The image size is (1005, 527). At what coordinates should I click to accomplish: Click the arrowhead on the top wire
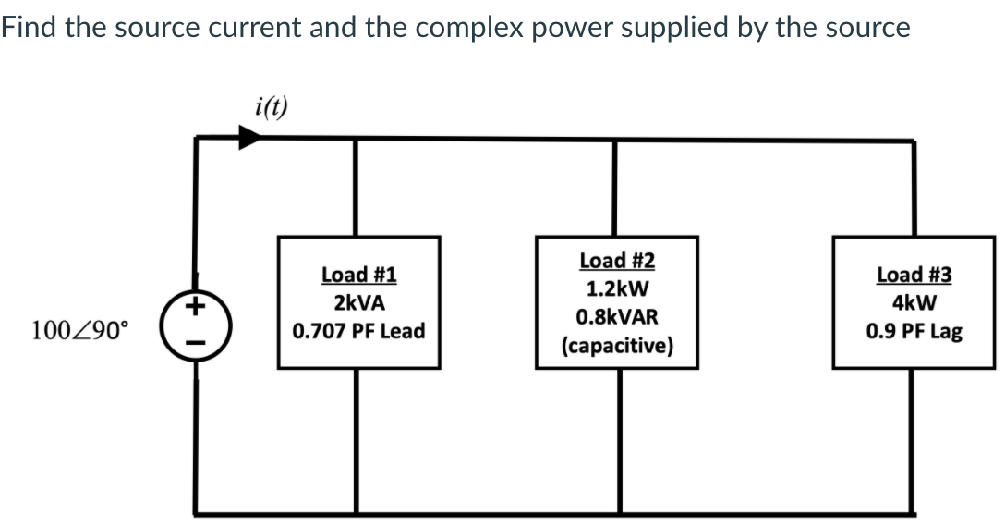click(248, 137)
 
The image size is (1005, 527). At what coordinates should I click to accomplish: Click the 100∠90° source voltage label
click(81, 328)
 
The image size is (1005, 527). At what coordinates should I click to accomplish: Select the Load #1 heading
click(358, 275)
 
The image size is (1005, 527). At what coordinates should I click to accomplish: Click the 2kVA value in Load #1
click(358, 303)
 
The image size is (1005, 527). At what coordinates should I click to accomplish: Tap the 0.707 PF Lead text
click(358, 331)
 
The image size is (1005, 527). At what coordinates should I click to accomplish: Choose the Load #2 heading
click(617, 261)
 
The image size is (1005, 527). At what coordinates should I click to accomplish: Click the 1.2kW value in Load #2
click(617, 288)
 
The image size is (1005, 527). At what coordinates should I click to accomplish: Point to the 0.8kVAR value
click(617, 317)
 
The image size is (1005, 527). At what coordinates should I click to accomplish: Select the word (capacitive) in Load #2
click(617, 347)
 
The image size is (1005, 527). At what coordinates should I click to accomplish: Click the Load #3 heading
click(914, 275)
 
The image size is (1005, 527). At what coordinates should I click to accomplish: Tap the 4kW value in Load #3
click(914, 303)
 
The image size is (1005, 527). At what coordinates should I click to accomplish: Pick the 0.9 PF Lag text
click(914, 331)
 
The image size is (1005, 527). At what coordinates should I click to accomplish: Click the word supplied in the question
click(674, 28)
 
